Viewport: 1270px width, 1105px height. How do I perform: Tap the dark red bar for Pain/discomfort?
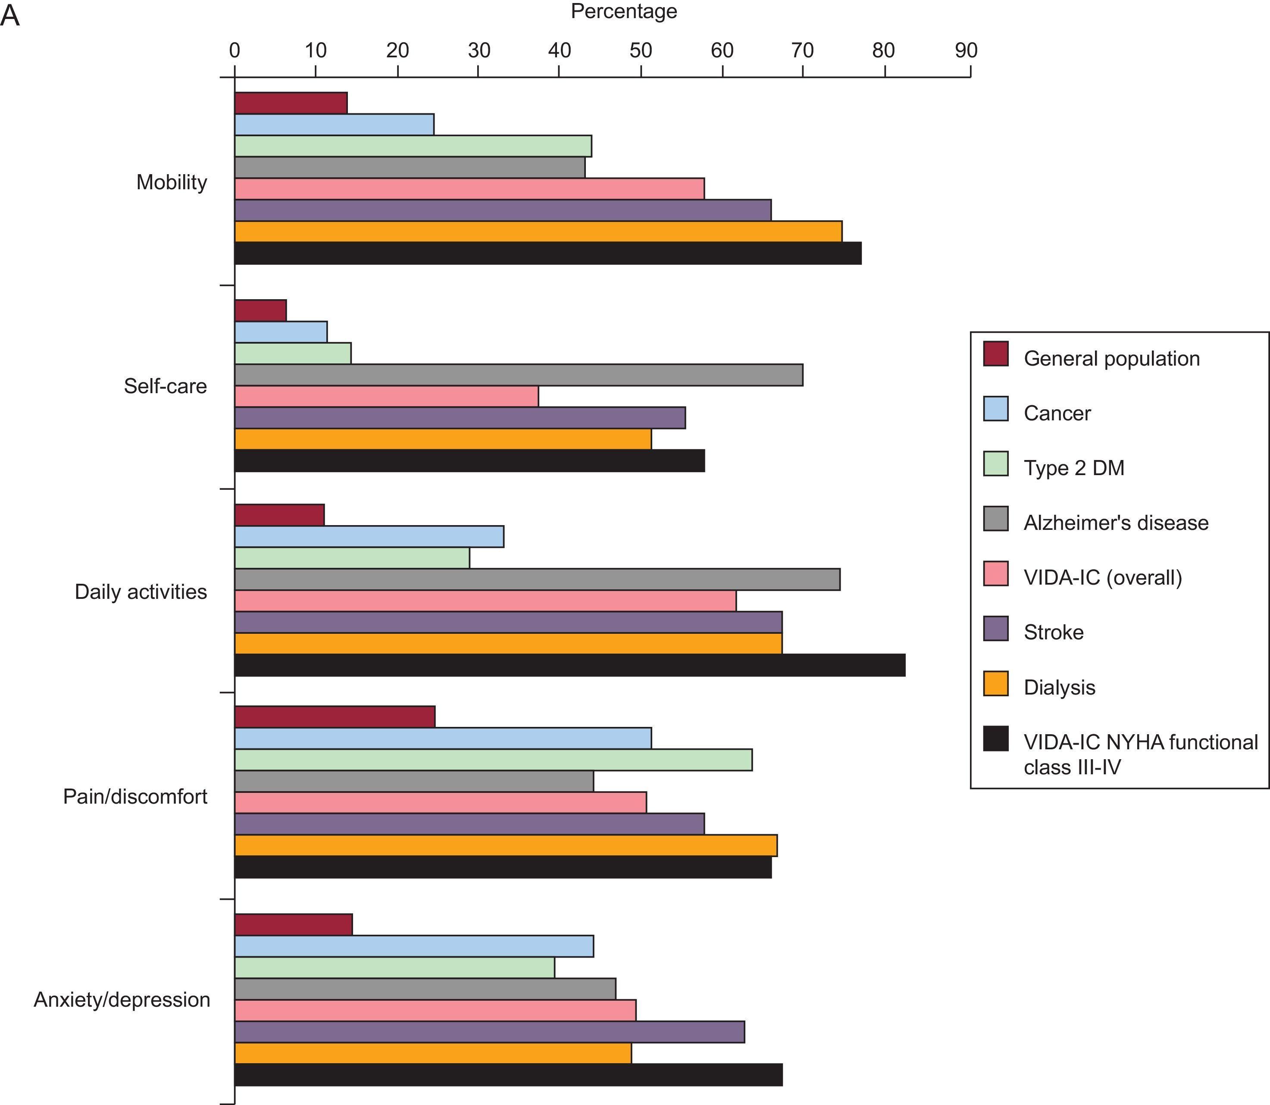coord(335,717)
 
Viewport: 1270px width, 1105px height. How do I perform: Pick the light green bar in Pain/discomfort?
coord(493,760)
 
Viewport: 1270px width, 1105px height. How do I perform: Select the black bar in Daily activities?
coord(569,665)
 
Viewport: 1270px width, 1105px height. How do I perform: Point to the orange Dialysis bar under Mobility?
coord(538,231)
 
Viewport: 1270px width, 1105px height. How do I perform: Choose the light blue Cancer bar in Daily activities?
coord(369,536)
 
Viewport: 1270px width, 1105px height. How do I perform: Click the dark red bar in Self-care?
coord(260,310)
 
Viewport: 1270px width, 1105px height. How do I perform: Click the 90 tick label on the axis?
coord(966,50)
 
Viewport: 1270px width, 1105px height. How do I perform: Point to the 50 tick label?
coord(641,50)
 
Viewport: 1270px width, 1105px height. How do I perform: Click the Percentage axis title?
coord(623,12)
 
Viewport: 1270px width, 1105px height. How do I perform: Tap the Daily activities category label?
coord(141,592)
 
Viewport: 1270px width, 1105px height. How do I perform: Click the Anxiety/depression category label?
coord(122,999)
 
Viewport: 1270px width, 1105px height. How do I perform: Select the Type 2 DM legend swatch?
coord(996,464)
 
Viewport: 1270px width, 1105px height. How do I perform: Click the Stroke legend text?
coord(1053,632)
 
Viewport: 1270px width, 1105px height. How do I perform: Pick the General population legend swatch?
coord(996,354)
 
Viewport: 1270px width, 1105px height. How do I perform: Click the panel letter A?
coord(10,17)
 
